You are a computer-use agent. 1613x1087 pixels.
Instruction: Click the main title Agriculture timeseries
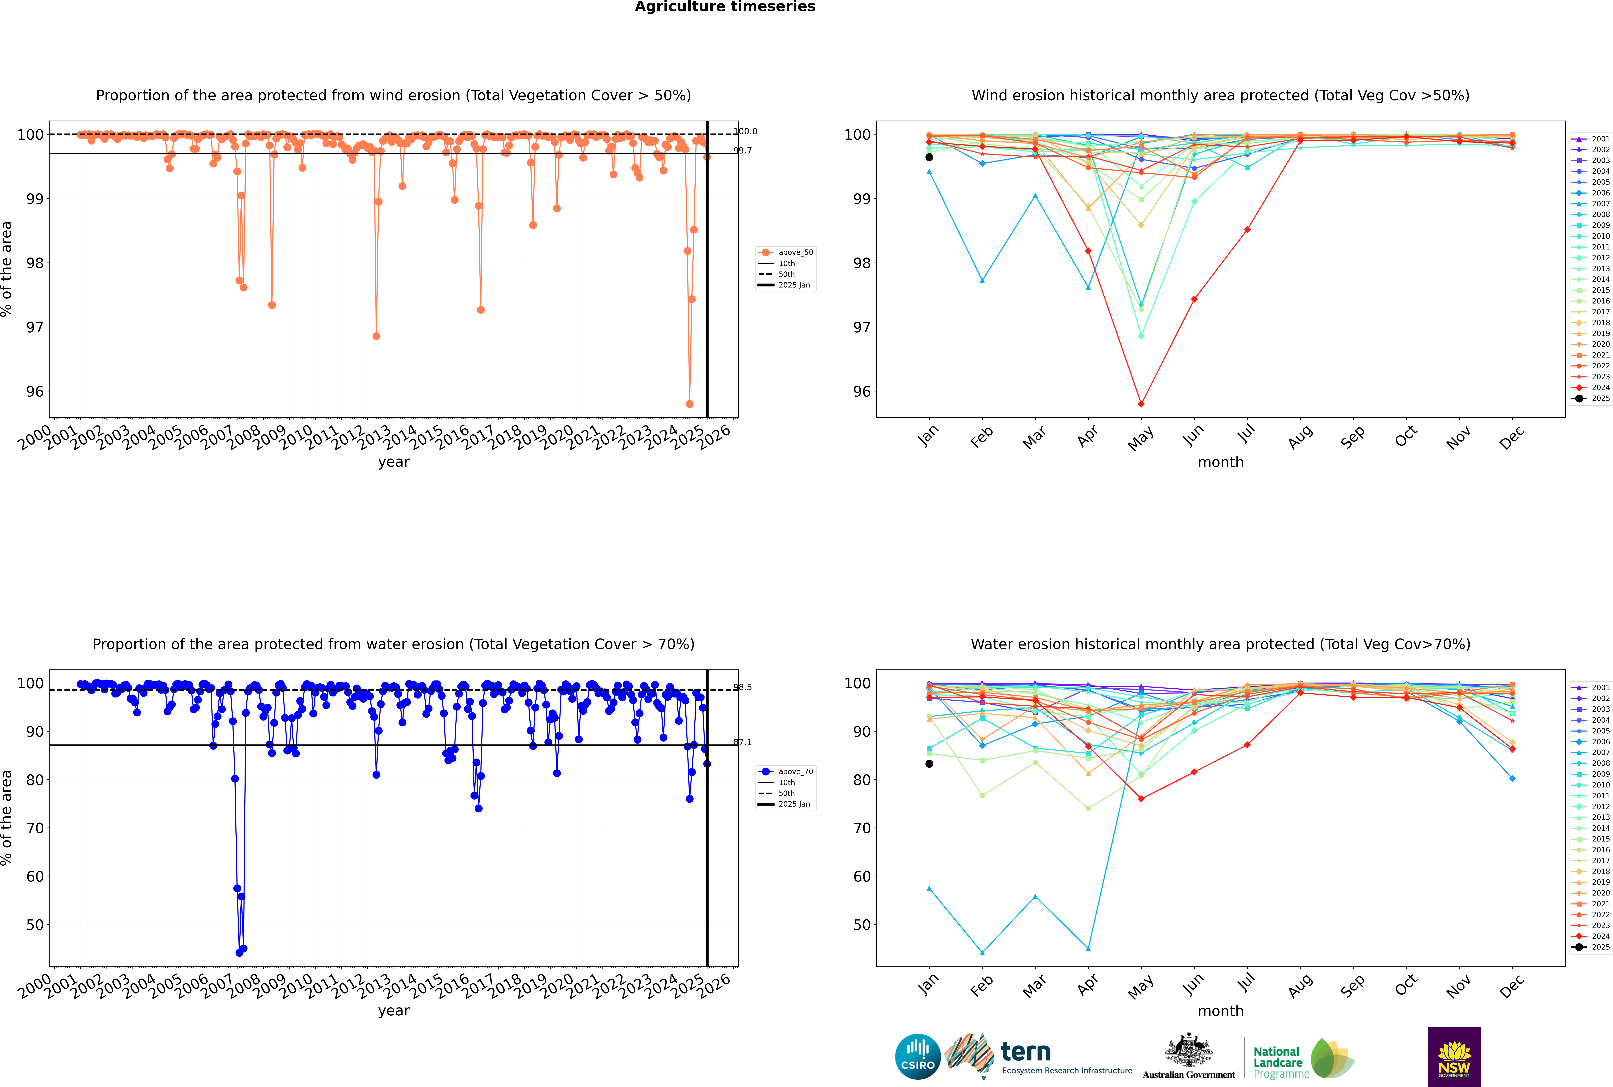pyautogui.click(x=725, y=7)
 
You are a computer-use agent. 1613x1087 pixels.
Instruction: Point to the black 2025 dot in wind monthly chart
pyautogui.click(x=929, y=157)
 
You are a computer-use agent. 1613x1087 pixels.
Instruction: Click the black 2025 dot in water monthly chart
pyautogui.click(x=929, y=764)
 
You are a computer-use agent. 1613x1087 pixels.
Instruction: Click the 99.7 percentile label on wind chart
pyautogui.click(x=743, y=150)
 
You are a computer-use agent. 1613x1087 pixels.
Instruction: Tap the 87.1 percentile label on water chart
pyautogui.click(x=743, y=742)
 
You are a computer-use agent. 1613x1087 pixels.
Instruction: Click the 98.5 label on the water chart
pyautogui.click(x=743, y=688)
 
